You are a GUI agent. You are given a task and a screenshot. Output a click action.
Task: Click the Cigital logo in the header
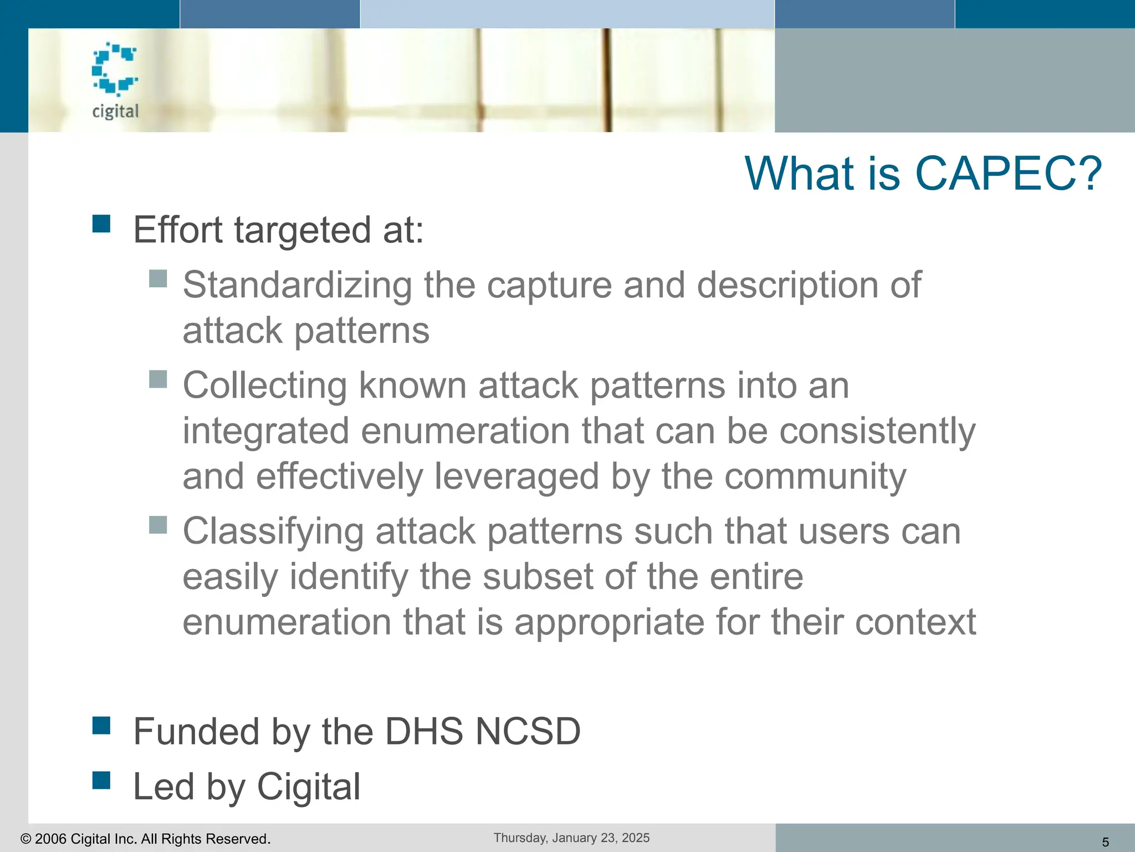pos(115,80)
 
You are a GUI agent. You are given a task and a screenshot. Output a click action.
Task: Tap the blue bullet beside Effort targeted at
pos(101,224)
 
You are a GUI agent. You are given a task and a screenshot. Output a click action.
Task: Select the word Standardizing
pos(297,285)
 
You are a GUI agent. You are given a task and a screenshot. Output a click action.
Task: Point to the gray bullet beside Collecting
pos(159,379)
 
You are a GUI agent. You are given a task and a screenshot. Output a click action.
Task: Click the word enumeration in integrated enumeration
pos(465,431)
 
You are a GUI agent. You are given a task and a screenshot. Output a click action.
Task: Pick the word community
pos(815,476)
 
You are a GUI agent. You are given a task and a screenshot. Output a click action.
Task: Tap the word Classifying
pos(273,531)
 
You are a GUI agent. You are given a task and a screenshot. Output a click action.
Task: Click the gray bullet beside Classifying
pos(159,525)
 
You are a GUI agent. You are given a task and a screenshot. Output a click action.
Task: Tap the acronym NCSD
pos(528,731)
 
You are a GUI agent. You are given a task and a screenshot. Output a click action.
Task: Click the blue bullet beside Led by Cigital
pos(101,780)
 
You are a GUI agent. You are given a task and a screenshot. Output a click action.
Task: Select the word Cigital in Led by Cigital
pos(309,787)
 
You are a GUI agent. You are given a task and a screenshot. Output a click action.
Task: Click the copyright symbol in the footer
pos(25,839)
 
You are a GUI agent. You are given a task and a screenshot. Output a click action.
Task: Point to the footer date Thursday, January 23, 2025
pos(571,838)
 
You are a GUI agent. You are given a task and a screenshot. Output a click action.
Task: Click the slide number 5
pos(1105,842)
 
